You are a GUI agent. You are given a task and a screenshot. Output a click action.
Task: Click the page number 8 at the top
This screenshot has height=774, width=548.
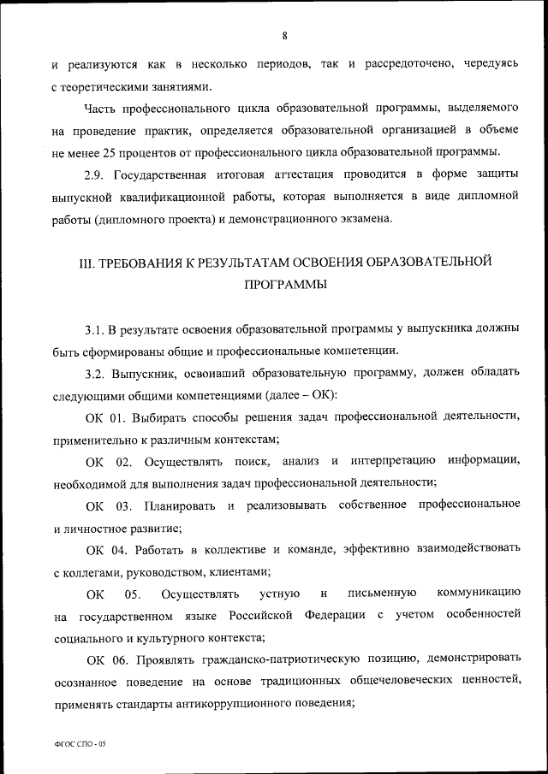click(x=283, y=35)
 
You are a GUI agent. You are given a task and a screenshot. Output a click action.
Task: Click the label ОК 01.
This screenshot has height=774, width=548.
click(x=107, y=417)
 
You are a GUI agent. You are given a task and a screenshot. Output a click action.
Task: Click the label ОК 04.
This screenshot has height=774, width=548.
click(x=107, y=550)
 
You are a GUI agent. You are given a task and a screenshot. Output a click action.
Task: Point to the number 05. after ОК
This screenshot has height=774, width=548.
click(x=133, y=594)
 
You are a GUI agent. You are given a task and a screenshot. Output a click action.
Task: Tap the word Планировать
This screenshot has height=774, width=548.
click(x=181, y=506)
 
